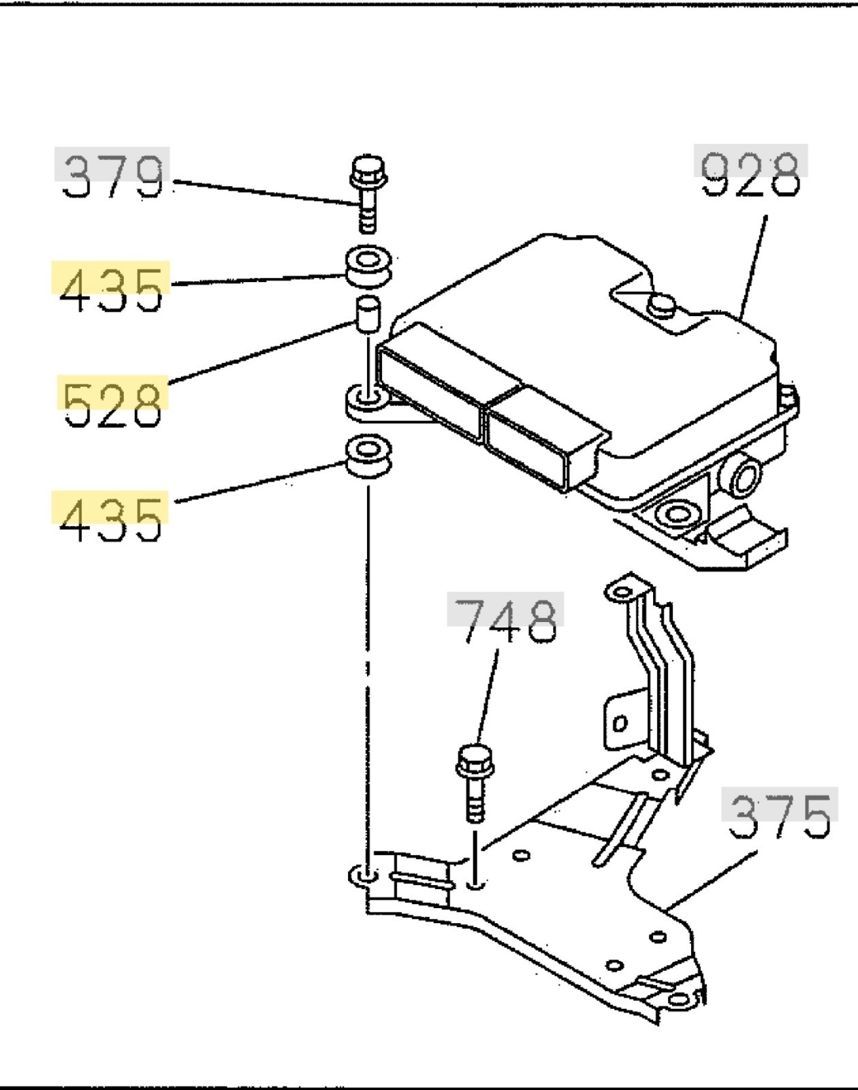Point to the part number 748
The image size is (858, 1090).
505,620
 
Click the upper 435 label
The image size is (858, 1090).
111,288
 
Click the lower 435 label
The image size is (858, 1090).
111,518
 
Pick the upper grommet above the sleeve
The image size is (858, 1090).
368,266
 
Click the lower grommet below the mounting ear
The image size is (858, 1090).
368,457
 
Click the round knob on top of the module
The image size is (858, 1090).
661,305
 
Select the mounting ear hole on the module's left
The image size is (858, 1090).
368,398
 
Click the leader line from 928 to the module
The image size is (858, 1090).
754,266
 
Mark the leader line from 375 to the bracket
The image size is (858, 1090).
712,879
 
